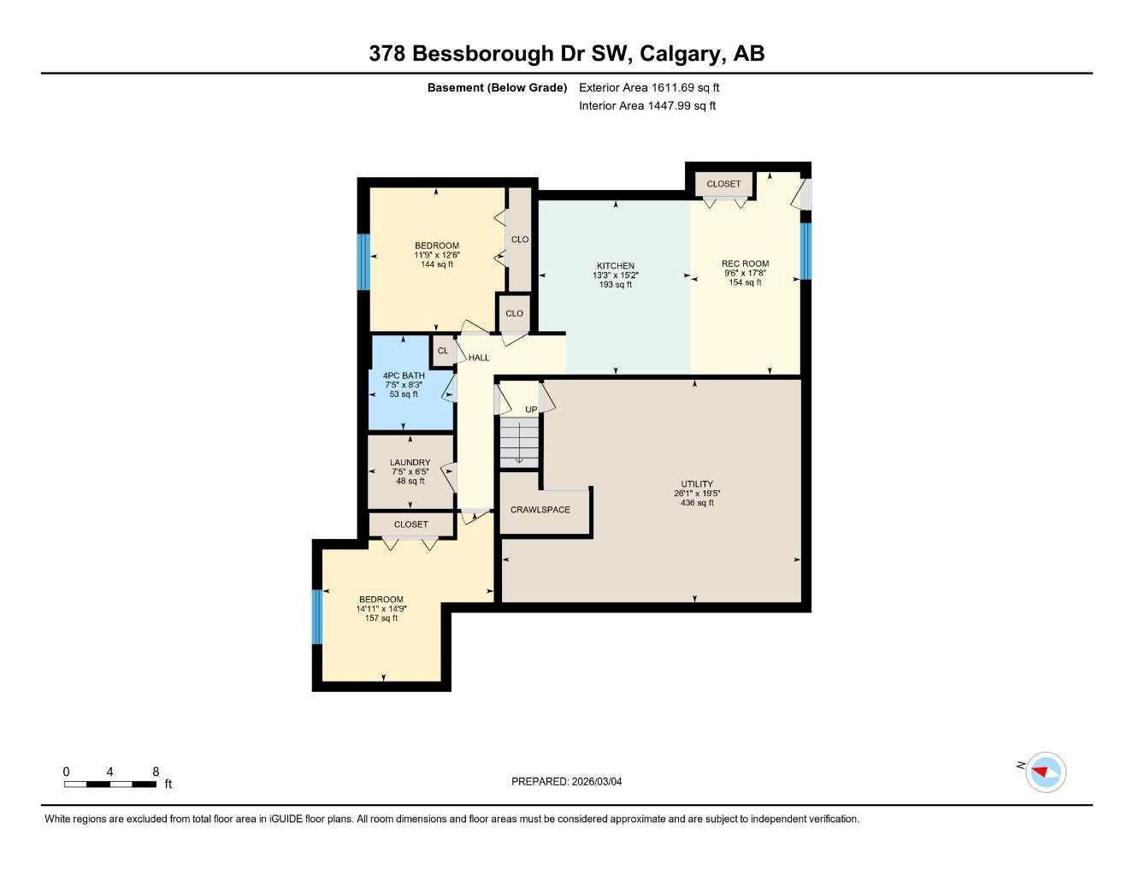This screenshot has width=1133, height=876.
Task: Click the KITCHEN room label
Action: click(615, 265)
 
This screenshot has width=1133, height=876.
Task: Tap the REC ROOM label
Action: click(745, 263)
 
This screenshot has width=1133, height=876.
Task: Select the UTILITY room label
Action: click(696, 483)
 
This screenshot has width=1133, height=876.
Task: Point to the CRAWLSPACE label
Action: click(540, 510)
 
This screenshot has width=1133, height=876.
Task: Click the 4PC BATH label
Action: click(404, 376)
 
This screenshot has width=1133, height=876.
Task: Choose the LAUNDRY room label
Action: click(410, 462)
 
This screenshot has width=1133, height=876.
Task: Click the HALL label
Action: click(479, 358)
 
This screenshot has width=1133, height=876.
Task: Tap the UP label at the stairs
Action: click(531, 410)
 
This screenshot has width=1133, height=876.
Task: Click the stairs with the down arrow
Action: click(519, 443)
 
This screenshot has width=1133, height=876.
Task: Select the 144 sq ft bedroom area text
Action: click(437, 264)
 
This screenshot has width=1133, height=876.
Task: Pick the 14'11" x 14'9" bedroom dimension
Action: click(381, 609)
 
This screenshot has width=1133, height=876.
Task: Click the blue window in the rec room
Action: click(805, 251)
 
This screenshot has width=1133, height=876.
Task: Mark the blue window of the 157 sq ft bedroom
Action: click(317, 616)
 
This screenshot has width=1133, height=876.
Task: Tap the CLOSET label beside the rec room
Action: click(723, 184)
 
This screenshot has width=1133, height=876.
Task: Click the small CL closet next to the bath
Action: click(443, 351)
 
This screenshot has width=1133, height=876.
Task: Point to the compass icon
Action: click(1045, 772)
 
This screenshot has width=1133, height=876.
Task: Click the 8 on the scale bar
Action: click(156, 772)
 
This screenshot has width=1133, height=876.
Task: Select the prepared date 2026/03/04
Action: click(596, 781)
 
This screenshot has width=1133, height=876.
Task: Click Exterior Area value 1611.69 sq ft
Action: click(685, 87)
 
